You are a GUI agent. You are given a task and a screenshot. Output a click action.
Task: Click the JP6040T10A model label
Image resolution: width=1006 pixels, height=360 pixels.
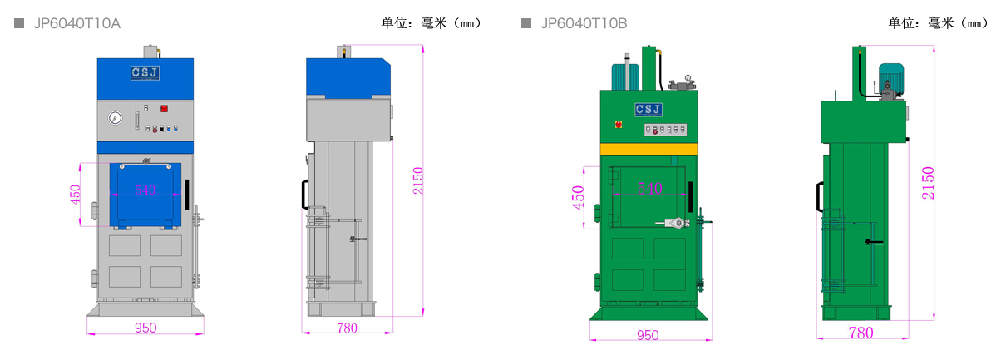click(x=76, y=23)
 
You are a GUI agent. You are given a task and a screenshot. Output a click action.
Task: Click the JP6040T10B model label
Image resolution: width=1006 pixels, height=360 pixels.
click(x=584, y=23)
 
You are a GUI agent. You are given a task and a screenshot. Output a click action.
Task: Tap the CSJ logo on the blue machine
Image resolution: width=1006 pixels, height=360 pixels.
click(x=145, y=73)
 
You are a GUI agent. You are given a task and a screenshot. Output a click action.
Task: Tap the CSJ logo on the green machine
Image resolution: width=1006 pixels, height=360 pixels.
click(x=648, y=110)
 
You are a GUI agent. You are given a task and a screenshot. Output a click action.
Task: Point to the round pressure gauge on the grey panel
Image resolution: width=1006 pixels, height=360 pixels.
click(x=113, y=118)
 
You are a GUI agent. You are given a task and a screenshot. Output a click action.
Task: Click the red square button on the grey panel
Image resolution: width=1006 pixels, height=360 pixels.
click(x=164, y=108)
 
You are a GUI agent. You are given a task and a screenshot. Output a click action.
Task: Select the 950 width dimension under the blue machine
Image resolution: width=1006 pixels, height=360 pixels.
click(x=145, y=328)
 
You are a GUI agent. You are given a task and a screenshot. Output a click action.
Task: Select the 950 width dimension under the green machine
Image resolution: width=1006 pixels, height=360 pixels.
click(x=648, y=334)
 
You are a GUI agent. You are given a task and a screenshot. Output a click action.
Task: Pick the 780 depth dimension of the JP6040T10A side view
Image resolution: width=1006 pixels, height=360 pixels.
click(x=347, y=328)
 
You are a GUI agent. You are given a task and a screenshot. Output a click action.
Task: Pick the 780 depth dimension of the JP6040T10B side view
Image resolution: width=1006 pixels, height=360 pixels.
click(x=861, y=333)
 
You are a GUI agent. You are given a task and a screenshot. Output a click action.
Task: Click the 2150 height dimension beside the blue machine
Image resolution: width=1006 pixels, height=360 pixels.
click(x=418, y=180)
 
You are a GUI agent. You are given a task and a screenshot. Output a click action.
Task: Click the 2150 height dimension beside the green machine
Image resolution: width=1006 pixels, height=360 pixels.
click(x=928, y=183)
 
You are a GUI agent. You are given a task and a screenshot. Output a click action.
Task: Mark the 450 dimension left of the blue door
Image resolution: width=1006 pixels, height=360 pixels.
click(x=75, y=193)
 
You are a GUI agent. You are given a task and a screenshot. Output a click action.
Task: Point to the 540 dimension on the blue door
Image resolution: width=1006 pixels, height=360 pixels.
click(x=145, y=190)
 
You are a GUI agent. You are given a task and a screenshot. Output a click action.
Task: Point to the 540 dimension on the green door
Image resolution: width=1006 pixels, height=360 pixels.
click(x=649, y=189)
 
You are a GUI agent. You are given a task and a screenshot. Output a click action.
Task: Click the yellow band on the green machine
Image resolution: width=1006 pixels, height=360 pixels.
click(x=648, y=149)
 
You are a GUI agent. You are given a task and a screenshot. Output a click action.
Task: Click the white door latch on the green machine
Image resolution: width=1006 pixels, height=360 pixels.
click(x=675, y=222)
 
